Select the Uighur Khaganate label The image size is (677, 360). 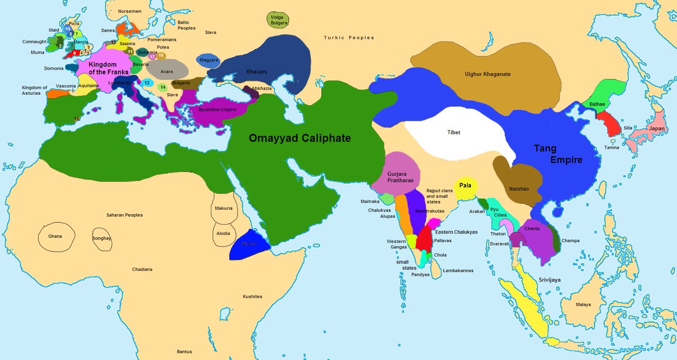pyautogui.click(x=487, y=74)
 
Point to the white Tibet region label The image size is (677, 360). pyautogui.click(x=454, y=133)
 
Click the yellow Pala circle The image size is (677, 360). pyautogui.click(x=465, y=186)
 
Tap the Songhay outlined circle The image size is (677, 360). pyautogui.click(x=102, y=238)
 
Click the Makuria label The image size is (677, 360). pyautogui.click(x=223, y=208)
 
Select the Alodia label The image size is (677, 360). pyautogui.click(x=223, y=232)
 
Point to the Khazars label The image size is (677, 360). pyautogui.click(x=257, y=72)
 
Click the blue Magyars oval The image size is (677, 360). pyautogui.click(x=209, y=60)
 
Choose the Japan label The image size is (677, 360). pyautogui.click(x=657, y=128)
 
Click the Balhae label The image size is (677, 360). pyautogui.click(x=597, y=104)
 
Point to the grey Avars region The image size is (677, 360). pyautogui.click(x=166, y=72)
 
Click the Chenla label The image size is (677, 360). pyautogui.click(x=532, y=229)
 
